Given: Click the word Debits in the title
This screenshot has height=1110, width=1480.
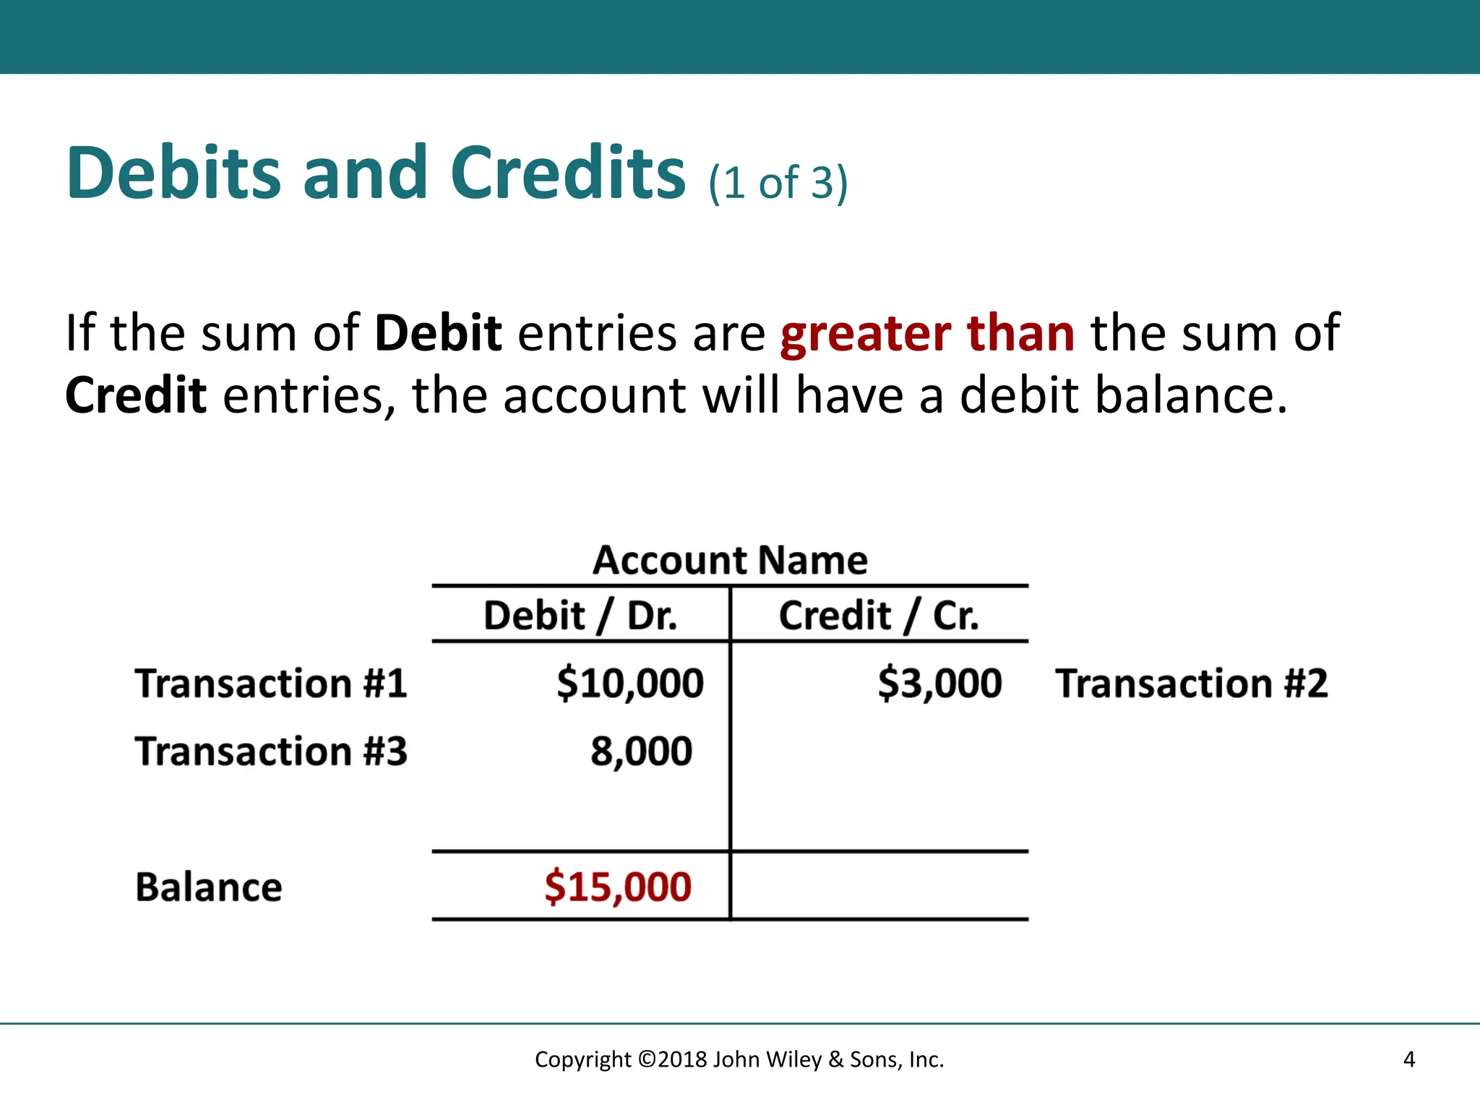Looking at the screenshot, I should click(x=173, y=173).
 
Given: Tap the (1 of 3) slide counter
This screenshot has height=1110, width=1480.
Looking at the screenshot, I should click(x=778, y=182).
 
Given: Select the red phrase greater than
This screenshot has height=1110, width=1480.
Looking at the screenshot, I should click(x=927, y=333).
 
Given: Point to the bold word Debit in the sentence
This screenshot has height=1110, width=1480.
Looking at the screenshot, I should click(x=438, y=333).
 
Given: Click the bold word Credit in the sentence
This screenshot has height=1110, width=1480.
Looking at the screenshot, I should click(x=136, y=396).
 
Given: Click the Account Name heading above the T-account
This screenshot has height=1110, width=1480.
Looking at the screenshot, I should click(x=730, y=560).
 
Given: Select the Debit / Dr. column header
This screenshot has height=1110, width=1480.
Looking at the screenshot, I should click(x=580, y=616).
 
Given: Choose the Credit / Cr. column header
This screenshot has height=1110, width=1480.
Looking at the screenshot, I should click(x=879, y=616).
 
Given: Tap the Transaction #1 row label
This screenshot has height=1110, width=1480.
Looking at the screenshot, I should click(x=271, y=684).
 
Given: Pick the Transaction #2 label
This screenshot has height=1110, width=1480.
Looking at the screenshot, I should click(x=1192, y=684).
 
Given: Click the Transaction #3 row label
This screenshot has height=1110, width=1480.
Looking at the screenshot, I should click(x=271, y=752).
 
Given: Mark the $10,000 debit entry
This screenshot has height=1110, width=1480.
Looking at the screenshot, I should click(x=630, y=684).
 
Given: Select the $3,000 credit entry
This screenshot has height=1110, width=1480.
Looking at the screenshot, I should click(x=939, y=684).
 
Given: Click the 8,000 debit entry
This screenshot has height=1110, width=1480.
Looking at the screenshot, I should click(x=642, y=752).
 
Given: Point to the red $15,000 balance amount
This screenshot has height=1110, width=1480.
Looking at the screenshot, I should click(x=618, y=887).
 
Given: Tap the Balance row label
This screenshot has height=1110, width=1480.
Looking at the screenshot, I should click(x=209, y=887).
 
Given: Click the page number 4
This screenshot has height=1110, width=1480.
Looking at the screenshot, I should click(x=1408, y=1059).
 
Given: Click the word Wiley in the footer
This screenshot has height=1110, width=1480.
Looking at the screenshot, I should click(x=793, y=1059).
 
